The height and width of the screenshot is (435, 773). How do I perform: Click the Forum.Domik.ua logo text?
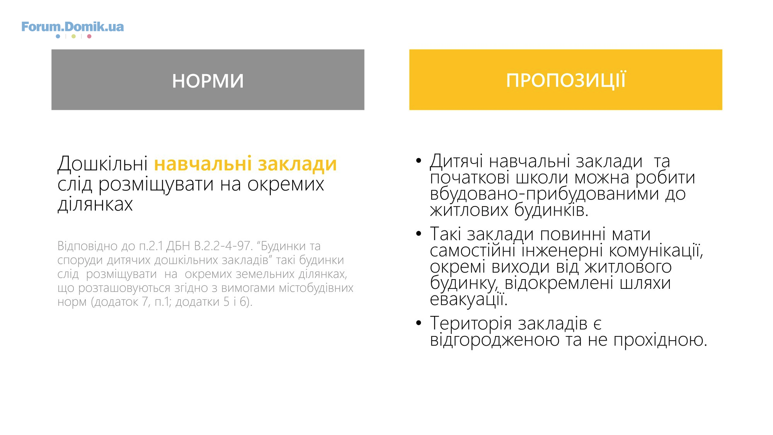[73, 27]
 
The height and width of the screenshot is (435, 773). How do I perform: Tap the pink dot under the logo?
[89, 36]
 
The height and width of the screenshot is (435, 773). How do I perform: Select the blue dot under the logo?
[58, 36]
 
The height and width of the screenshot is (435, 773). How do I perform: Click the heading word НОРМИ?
[208, 81]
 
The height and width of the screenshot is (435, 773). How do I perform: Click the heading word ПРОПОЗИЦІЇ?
[566, 80]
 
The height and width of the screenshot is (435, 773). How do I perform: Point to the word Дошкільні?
[102, 164]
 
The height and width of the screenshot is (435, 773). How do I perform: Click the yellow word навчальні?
[203, 164]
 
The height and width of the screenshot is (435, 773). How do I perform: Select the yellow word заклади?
[298, 164]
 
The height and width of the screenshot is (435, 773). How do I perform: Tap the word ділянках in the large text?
[95, 204]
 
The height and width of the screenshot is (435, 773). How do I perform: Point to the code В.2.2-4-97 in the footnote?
[223, 246]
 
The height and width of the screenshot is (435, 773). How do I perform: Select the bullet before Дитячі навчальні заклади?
[419, 160]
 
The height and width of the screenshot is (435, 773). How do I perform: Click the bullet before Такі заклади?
[419, 233]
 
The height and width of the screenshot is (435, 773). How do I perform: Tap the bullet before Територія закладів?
[419, 322]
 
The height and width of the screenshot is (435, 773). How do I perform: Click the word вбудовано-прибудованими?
[544, 194]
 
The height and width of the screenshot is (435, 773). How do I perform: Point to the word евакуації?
[468, 299]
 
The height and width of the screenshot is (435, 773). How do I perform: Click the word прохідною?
[660, 340]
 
